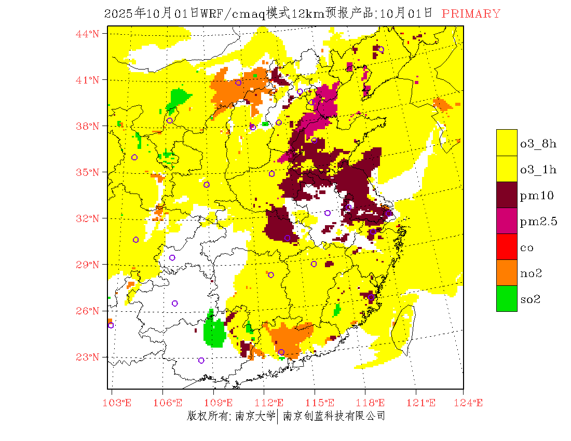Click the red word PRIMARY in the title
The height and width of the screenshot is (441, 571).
point(471,14)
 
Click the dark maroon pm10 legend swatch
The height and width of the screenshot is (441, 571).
point(507,195)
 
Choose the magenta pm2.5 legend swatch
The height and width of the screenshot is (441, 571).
point(507,220)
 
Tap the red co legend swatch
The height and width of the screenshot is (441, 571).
point(507,246)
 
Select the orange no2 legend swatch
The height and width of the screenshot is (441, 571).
point(507,272)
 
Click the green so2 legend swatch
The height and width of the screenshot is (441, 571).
point(507,298)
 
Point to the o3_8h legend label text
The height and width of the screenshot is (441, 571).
point(538,144)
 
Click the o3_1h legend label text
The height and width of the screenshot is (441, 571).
point(538,170)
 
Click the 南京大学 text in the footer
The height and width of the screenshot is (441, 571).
point(255,416)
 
